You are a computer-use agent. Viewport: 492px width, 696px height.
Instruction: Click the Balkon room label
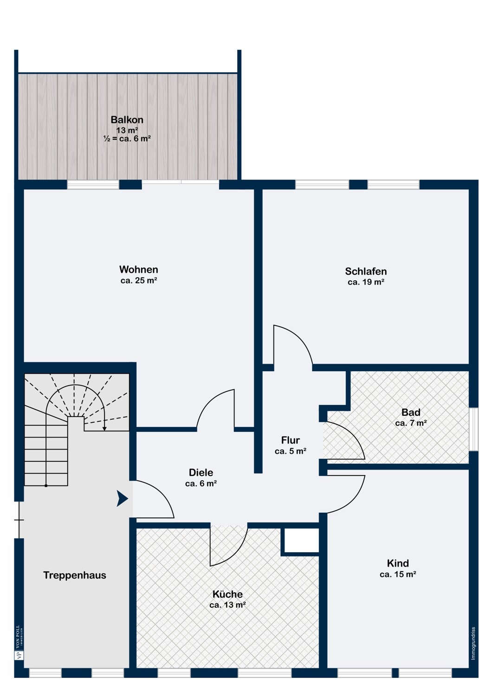coord(127,120)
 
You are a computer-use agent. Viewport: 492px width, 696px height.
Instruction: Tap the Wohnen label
coord(139,269)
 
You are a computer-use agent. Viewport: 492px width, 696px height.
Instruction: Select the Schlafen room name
coord(366,271)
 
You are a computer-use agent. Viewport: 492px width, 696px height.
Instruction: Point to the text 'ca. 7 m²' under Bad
coord(411,423)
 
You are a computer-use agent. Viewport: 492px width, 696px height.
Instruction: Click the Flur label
coord(290,440)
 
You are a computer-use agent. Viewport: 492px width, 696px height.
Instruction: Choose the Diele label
coord(201,473)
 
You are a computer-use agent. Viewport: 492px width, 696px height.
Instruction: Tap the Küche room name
coord(227,594)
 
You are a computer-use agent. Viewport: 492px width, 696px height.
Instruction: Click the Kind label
coord(398,563)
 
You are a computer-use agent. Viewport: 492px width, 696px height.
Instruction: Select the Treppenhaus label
coord(75,575)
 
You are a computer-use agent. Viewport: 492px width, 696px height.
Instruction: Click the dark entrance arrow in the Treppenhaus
coord(122,498)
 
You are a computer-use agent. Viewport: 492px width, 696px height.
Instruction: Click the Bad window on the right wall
coord(473,429)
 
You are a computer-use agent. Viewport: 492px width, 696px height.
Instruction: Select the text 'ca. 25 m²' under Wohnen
coord(139,280)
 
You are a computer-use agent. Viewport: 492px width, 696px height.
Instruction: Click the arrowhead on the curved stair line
coord(104,429)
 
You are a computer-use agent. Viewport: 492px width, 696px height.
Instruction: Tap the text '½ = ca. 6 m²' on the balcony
coord(127,139)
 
